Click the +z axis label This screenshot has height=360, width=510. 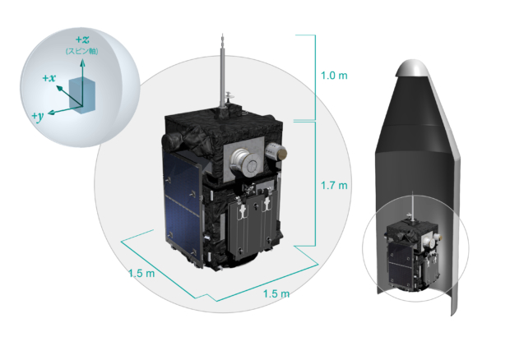tap(82, 39)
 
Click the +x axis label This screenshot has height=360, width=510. tap(49, 78)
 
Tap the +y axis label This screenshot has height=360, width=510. tap(38, 116)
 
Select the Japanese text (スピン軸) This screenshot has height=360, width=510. tap(82, 51)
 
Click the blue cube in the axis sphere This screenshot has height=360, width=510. tap(82, 96)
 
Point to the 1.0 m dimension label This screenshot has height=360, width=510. tap(334, 76)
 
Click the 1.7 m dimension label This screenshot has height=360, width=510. tap(334, 185)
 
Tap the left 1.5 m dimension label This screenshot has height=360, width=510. tap(141, 273)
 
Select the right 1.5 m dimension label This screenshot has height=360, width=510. tap(276, 293)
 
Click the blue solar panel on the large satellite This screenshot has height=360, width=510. tap(182, 208)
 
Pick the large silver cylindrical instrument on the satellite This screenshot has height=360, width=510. tap(244, 162)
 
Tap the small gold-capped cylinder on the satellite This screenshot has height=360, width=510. tap(276, 151)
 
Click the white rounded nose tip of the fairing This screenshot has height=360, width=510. tap(412, 67)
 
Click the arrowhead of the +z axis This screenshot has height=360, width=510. tap(83, 62)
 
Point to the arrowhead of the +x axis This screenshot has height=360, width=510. tap(59, 88)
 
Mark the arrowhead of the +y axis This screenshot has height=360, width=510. tap(51, 113)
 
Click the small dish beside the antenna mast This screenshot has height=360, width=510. tap(230, 95)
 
